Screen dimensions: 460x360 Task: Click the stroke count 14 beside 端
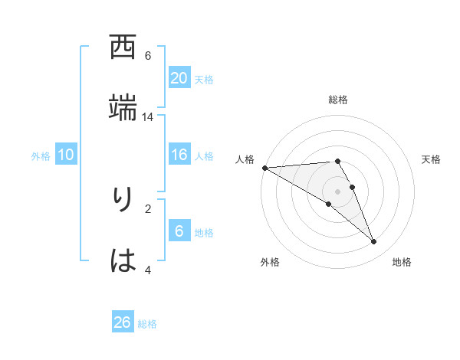point(148,117)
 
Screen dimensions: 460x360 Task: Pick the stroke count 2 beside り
point(148,208)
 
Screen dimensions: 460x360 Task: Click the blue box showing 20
point(179,78)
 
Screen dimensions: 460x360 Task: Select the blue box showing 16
point(179,155)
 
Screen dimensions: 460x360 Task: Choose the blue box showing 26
point(123,322)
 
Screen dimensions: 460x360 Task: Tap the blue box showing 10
point(66,155)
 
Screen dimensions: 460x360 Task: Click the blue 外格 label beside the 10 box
point(41,156)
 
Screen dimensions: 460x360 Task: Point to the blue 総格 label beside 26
point(147,324)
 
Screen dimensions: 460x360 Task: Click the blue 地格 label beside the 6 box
point(204,233)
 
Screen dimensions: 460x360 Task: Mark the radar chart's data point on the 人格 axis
point(264,168)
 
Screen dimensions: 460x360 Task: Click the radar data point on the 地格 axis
point(374,242)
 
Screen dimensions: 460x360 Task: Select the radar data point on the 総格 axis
point(337,161)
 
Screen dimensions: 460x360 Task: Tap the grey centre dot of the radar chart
point(337,191)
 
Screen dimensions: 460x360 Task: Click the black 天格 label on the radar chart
point(432,159)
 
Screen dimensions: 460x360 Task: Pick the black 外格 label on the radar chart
point(270,262)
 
